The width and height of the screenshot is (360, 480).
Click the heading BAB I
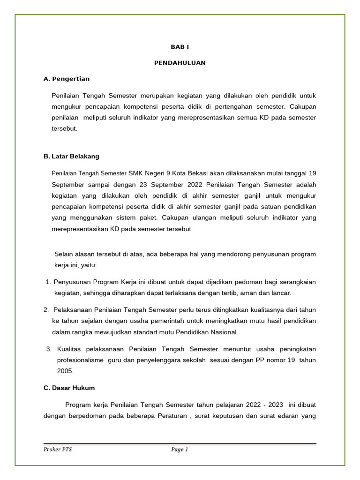[x=180, y=47]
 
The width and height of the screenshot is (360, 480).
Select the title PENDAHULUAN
[x=180, y=63]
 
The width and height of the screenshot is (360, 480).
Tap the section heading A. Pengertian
[x=66, y=79]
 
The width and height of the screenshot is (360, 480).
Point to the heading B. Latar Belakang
[x=71, y=156]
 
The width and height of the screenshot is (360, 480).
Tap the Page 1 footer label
[x=180, y=450]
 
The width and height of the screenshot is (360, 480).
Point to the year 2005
[x=65, y=370]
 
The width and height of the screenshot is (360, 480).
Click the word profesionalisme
[x=80, y=360]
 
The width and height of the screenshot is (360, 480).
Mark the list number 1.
[x=48, y=282]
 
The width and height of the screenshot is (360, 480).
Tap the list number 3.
[x=48, y=349]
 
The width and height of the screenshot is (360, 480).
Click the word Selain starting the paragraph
[x=64, y=254]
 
